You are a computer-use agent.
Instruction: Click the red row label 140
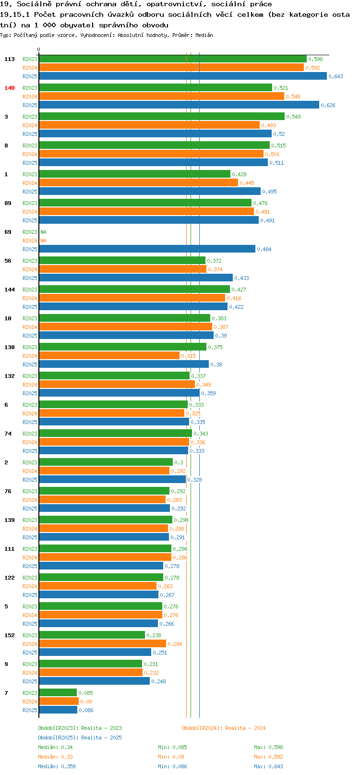pos(9,88)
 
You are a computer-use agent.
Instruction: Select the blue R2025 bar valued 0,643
pos(183,76)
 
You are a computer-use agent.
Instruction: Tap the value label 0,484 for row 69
pos(264,249)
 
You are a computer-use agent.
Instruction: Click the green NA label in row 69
pos(43,232)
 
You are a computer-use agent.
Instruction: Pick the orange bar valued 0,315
pos(109,356)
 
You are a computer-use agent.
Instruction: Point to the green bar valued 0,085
pos(58,693)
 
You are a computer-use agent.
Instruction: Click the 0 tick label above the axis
pos(38,49)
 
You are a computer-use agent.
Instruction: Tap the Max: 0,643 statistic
pos(268,766)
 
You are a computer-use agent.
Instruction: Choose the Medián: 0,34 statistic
pos(55,747)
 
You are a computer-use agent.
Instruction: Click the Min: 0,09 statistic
pos(171,757)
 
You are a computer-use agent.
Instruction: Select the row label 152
pos(9,635)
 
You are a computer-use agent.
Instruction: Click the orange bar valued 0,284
pos(102,644)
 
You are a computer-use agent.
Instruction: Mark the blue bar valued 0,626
pos(179,105)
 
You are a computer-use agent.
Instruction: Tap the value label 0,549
pos(294,117)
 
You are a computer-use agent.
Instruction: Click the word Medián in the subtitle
pos(204,35)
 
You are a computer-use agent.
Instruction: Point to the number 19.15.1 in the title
pos(15,14)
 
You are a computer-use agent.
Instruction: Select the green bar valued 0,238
pos(92,635)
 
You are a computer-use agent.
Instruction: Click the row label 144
pos(9,290)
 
